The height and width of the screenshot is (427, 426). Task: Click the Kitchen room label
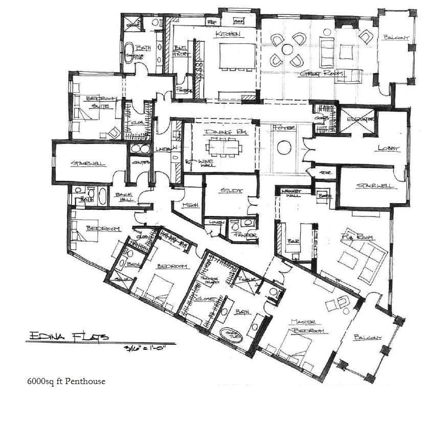point(228,34)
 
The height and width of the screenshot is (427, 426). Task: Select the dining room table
point(223,148)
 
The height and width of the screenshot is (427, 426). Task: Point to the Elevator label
point(360,119)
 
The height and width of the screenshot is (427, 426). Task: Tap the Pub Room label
point(358,238)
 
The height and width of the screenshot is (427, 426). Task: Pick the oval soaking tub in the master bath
point(228,335)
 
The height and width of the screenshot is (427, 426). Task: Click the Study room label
point(230,191)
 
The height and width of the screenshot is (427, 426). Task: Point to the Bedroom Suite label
point(101,102)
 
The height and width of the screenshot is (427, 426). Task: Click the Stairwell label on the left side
point(88,164)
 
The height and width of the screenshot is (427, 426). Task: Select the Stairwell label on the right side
point(375,185)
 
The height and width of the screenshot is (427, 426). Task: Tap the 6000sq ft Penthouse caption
point(66,381)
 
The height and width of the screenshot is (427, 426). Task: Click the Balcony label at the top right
point(395,38)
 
